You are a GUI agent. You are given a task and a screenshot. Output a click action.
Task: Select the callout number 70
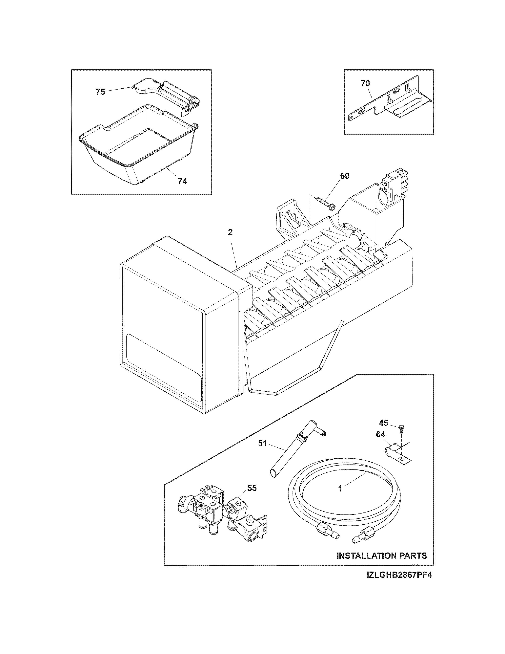coord(365,84)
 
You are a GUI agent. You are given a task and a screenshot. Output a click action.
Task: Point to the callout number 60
coord(345,176)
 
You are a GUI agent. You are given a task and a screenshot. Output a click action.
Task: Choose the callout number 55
coord(252,488)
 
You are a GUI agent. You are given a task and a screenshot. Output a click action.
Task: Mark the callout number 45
coord(384,423)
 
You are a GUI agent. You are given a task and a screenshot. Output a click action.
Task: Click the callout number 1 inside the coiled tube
coord(340,489)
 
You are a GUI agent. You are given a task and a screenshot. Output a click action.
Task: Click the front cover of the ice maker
coord(163,326)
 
